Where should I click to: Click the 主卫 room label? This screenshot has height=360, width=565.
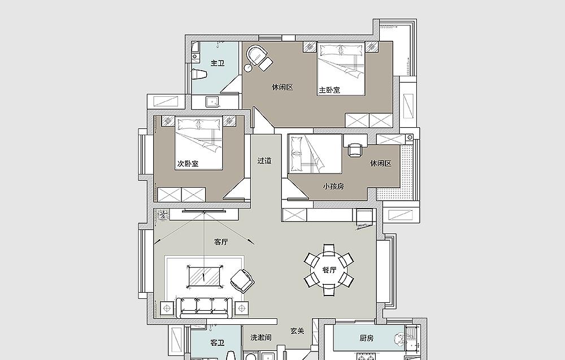click(x=218, y=63)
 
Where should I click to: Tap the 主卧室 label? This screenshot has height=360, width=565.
click(x=329, y=90)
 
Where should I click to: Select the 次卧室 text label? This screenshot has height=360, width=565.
click(x=188, y=163)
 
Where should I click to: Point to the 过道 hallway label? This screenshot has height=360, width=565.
click(x=264, y=161)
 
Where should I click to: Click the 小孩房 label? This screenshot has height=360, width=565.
click(x=333, y=186)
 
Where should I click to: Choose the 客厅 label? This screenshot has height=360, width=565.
click(x=221, y=242)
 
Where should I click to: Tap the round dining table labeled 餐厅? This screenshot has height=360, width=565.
click(x=329, y=270)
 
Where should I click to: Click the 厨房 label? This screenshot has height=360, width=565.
click(x=367, y=338)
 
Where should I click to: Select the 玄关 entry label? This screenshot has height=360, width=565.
click(x=297, y=331)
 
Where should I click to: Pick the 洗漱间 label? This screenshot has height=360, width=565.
click(x=261, y=337)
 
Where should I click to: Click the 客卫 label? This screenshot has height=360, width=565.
click(x=218, y=342)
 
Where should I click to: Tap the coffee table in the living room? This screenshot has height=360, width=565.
click(x=205, y=276)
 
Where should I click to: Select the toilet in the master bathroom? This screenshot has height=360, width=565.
click(x=198, y=74)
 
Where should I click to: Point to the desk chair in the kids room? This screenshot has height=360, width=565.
click(x=355, y=150)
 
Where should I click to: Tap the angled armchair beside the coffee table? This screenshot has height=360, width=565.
click(x=242, y=281)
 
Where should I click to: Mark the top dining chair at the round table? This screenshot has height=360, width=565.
click(x=329, y=250)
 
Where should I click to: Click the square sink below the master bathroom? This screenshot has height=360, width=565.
click(x=212, y=102)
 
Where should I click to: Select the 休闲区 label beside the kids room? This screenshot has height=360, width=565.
click(x=381, y=163)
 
